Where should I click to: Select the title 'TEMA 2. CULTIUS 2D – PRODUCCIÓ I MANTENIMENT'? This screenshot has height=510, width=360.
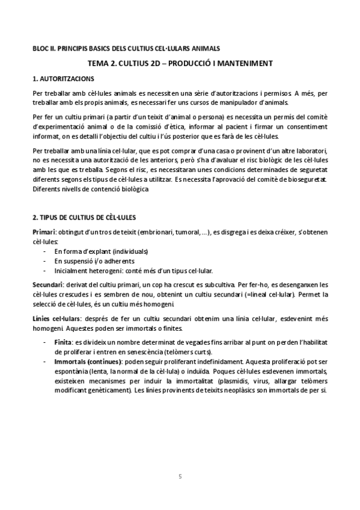180,63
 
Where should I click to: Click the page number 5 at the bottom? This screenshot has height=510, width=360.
180,477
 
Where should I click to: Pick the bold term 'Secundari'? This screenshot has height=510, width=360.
48,283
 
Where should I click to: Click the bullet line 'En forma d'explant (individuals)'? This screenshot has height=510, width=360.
100,251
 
